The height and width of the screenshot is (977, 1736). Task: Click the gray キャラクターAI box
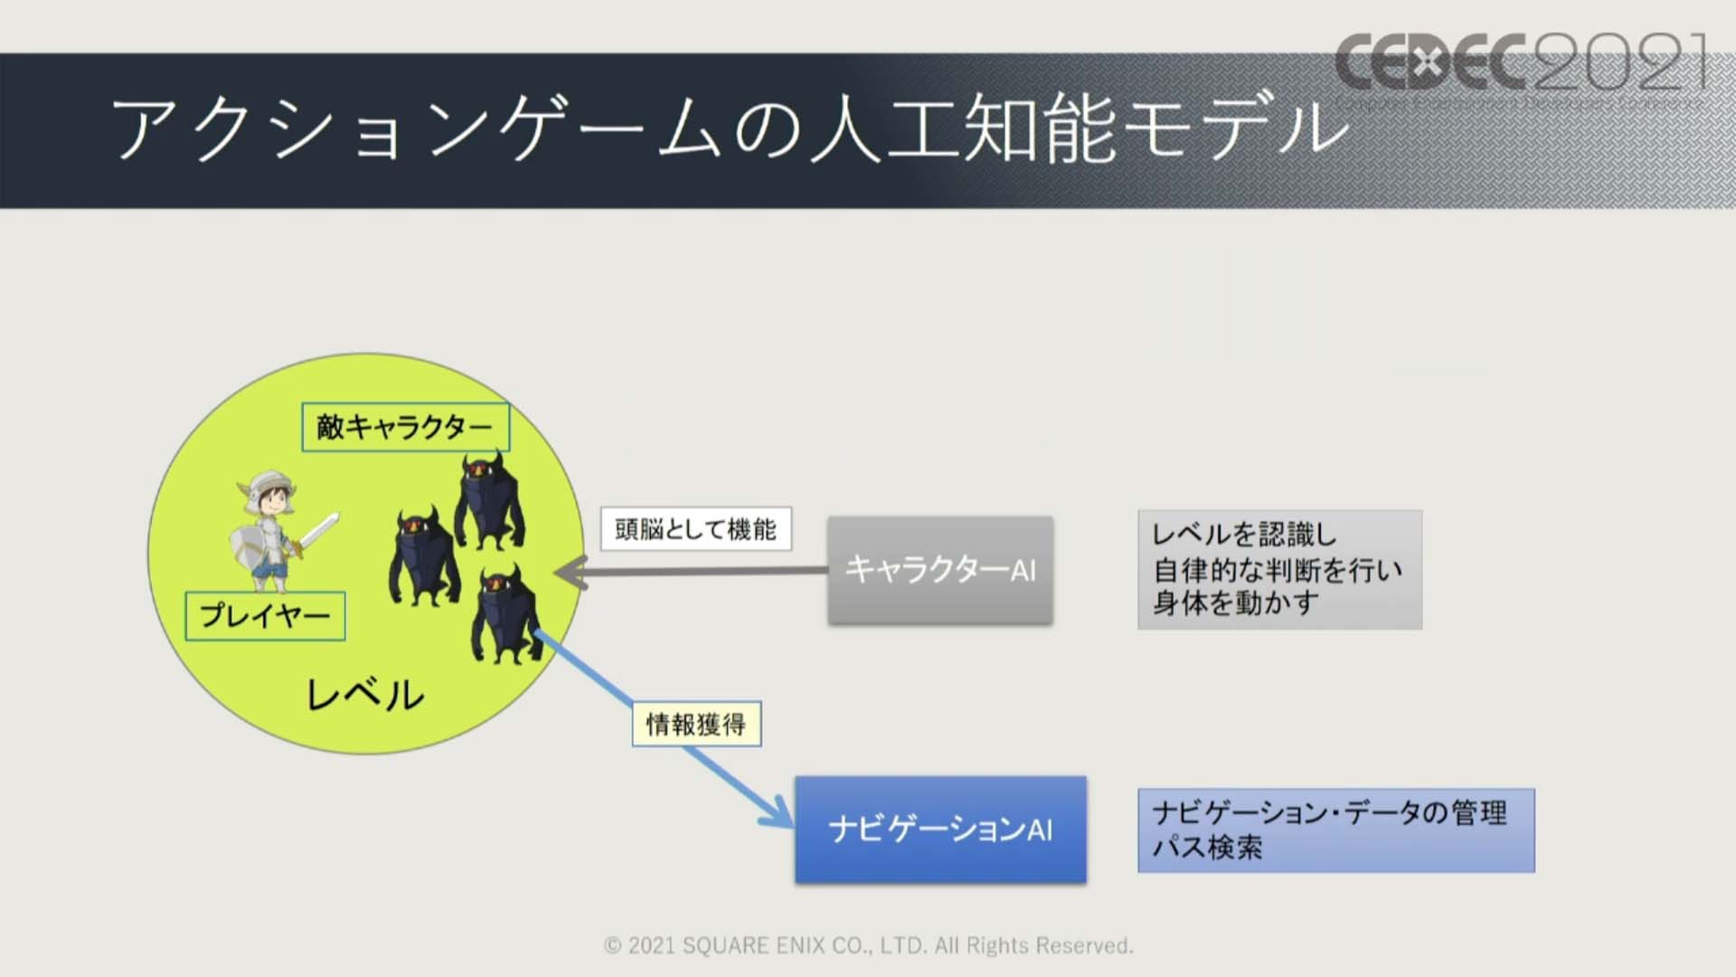click(x=940, y=570)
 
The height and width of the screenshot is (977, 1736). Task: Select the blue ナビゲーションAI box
click(x=940, y=829)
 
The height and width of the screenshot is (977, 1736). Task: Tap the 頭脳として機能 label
click(x=696, y=528)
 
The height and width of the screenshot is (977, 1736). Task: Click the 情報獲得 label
click(x=696, y=724)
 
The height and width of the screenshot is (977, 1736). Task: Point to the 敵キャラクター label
click(x=405, y=427)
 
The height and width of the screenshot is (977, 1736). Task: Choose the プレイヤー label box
click(x=265, y=616)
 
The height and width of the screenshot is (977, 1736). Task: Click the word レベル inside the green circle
click(x=365, y=695)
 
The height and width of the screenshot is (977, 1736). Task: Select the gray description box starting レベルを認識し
click(x=1279, y=569)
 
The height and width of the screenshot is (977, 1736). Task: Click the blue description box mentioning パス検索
click(x=1335, y=830)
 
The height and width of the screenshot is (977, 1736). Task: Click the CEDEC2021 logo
click(x=1522, y=63)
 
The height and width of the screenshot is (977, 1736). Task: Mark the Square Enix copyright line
click(x=868, y=945)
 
